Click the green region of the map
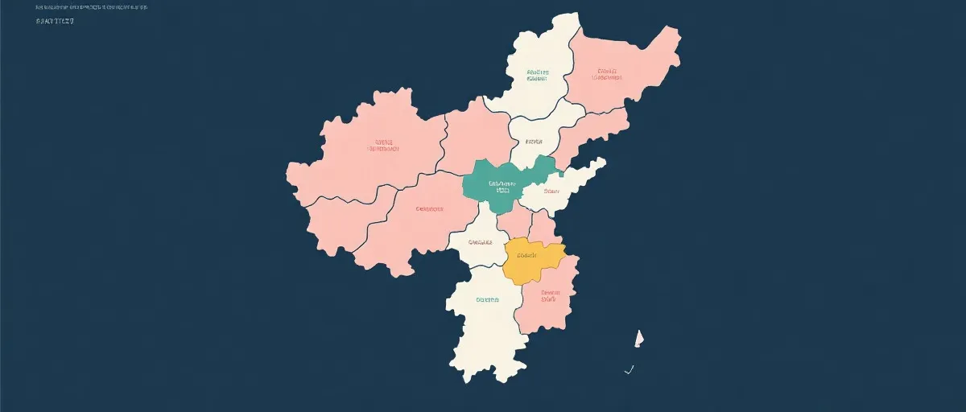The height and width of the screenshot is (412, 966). pos(483,193)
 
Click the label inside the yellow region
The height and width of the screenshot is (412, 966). pos(526,255)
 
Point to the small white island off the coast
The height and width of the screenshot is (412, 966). pos(639,338)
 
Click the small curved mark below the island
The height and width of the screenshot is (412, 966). pos(630,370)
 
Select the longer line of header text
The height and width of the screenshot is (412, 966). pos(92,7)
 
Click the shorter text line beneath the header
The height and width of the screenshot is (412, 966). pos(55,21)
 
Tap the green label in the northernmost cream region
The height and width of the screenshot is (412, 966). pos(537,75)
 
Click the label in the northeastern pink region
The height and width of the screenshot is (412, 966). pos(607,74)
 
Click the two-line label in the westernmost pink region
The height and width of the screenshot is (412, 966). pos(384,145)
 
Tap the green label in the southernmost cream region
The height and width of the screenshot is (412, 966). pos(487,299)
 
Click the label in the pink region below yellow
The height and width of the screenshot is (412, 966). pos(550,296)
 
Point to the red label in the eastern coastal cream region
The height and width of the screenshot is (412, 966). pos(551,192)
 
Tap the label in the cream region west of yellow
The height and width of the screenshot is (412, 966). pos(479,242)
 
